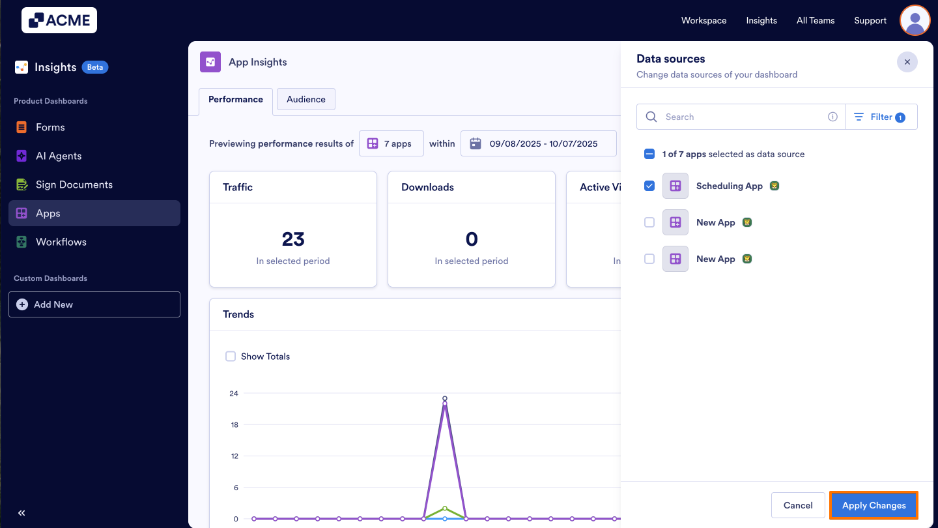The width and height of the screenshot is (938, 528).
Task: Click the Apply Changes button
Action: click(x=874, y=505)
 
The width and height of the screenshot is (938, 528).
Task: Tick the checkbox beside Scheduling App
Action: click(x=649, y=186)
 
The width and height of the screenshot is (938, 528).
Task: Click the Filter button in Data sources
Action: click(x=881, y=117)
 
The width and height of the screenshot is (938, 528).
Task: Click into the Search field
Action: click(x=743, y=117)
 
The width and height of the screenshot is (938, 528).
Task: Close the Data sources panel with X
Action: click(x=907, y=62)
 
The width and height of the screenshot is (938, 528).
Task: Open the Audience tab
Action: click(x=306, y=99)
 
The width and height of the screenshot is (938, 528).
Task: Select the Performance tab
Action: click(x=236, y=99)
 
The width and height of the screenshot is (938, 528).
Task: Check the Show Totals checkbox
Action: click(x=231, y=356)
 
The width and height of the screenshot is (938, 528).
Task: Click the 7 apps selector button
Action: click(x=391, y=143)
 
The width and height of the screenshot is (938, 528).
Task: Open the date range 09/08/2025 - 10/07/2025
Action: click(x=538, y=143)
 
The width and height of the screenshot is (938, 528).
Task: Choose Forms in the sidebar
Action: click(x=50, y=127)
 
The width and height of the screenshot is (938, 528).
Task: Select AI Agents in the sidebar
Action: click(x=59, y=156)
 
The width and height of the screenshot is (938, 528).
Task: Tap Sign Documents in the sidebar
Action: click(x=74, y=184)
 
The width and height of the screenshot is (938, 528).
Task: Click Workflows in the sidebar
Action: click(x=61, y=242)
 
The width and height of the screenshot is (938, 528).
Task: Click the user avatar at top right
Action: click(x=915, y=20)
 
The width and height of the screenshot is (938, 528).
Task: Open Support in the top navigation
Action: click(x=870, y=20)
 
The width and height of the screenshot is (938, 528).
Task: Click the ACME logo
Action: click(x=59, y=20)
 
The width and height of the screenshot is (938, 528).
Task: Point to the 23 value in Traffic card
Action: click(x=293, y=239)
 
